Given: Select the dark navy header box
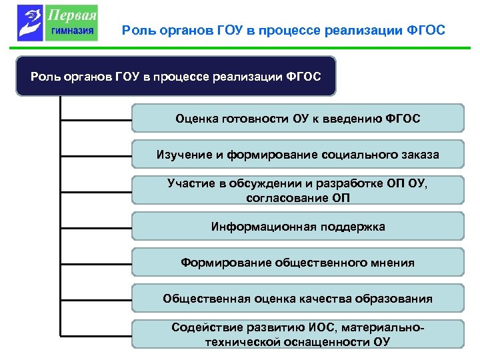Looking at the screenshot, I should (x=176, y=76).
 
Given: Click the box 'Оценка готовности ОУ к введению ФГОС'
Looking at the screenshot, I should (x=297, y=118).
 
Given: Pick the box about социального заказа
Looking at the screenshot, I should (x=297, y=154).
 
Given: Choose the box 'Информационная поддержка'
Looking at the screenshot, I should (x=297, y=226).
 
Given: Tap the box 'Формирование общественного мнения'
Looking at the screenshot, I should (x=297, y=262).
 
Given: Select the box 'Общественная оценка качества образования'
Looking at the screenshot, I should (x=297, y=298).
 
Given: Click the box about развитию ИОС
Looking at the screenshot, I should (x=297, y=334).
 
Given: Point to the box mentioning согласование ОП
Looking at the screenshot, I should (x=297, y=190).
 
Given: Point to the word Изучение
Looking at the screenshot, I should (x=181, y=155).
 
